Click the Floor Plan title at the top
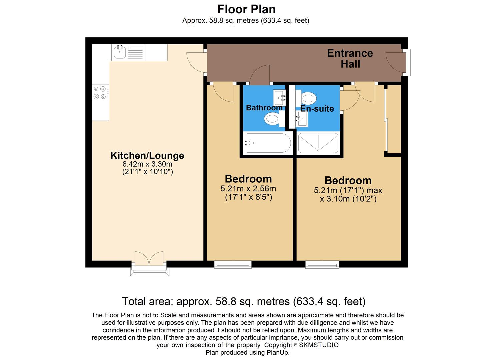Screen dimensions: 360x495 pyautogui.click(x=246, y=9)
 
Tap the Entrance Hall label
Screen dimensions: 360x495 pyautogui.click(x=350, y=58)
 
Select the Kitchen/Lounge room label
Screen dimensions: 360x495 pyautogui.click(x=147, y=156)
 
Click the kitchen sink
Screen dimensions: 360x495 pyautogui.click(x=120, y=52)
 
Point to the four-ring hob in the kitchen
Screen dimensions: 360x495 pyautogui.click(x=100, y=93)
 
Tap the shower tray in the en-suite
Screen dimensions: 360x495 pyautogui.click(x=318, y=143)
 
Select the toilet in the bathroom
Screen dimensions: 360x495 pyautogui.click(x=272, y=119)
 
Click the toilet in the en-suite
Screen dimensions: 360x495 pyautogui.click(x=308, y=98)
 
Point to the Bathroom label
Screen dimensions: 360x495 pyautogui.click(x=264, y=108)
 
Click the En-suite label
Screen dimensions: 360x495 pyautogui.click(x=317, y=109)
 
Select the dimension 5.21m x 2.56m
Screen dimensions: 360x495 pyautogui.click(x=248, y=189)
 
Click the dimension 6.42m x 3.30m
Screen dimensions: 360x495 pyautogui.click(x=147, y=164)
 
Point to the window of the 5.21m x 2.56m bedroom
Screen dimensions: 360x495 pyautogui.click(x=233, y=264)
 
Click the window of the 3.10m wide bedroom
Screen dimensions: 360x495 pyautogui.click(x=322, y=264)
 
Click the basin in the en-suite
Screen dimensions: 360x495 pyautogui.click(x=302, y=118)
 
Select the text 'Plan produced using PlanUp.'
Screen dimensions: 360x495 pyautogui.click(x=247, y=353)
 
